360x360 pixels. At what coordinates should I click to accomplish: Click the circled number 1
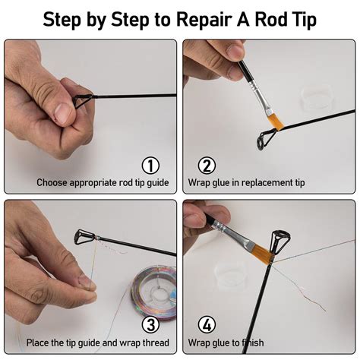tap(152, 166)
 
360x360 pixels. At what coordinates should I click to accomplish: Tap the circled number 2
tap(207, 166)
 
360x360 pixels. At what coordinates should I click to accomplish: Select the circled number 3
tap(152, 325)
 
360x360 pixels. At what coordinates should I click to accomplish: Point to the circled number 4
tap(207, 325)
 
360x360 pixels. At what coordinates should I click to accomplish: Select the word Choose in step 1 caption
tap(54, 183)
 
